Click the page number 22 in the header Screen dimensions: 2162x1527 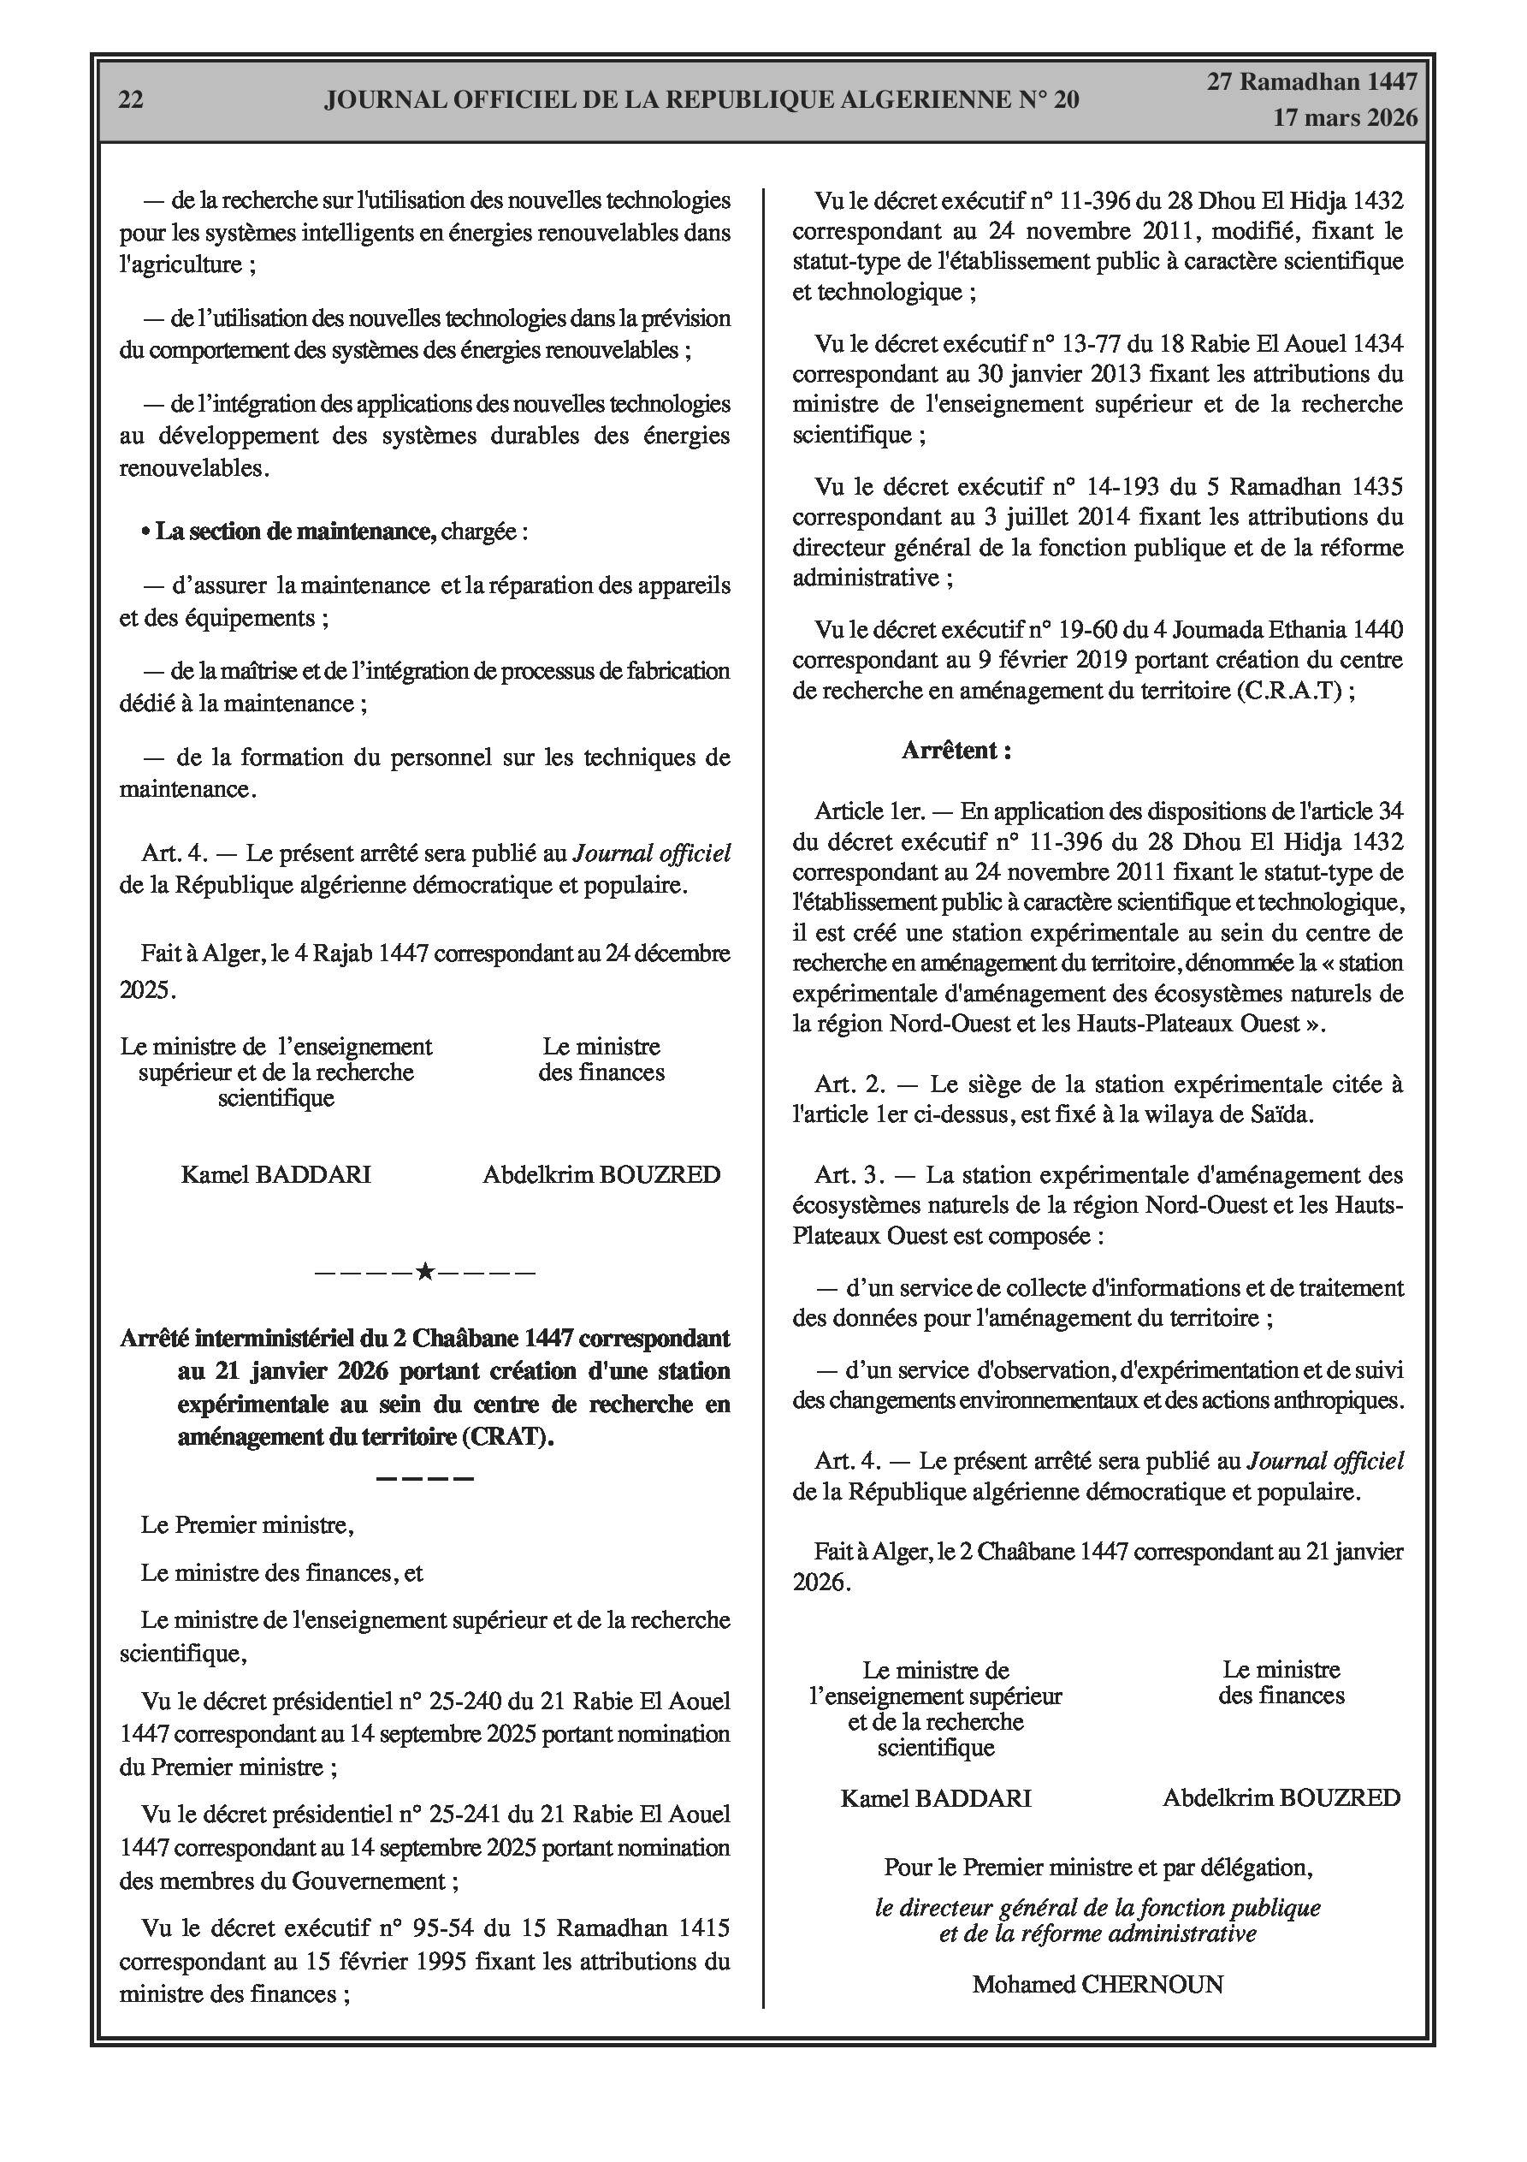[x=131, y=100]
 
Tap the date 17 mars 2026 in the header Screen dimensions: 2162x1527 [x=1345, y=118]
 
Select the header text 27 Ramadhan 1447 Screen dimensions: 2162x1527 [x=1312, y=82]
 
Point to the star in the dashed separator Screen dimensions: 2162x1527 [x=424, y=1273]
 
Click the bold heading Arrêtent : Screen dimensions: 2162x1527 [x=956, y=751]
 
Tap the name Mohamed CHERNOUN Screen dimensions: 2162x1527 [x=1098, y=1985]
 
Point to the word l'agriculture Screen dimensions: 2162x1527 [x=180, y=264]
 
